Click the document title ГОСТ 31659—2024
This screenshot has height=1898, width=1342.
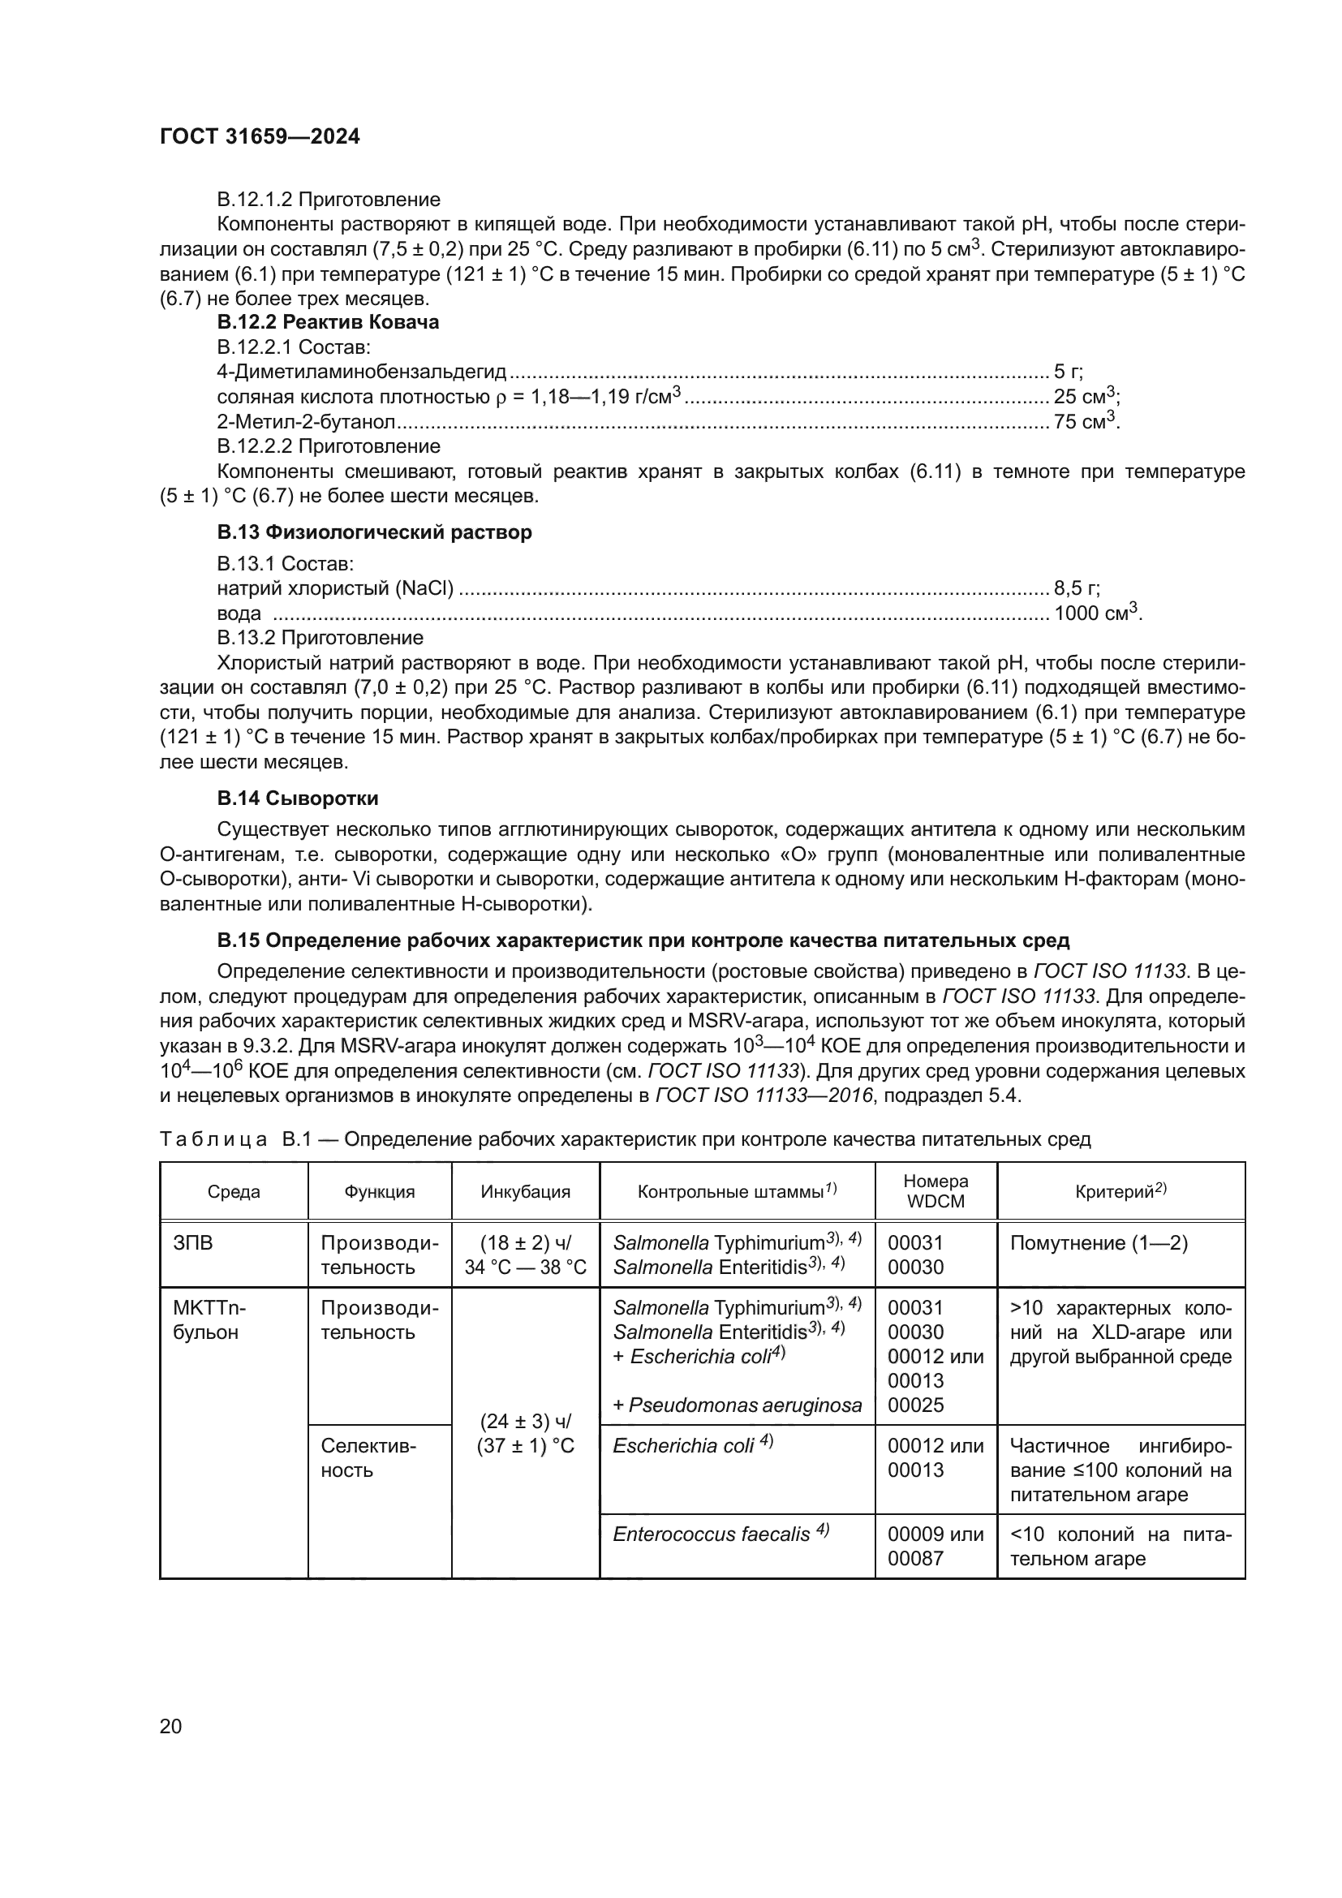click(x=260, y=137)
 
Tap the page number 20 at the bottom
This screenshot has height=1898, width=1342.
click(x=170, y=1726)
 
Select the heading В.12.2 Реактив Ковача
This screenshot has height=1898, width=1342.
click(x=327, y=322)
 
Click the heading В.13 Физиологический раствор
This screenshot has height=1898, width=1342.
click(x=373, y=532)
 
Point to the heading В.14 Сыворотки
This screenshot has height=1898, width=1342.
click(x=298, y=798)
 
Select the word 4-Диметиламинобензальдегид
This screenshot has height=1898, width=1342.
click(x=361, y=372)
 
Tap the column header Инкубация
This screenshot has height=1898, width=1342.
click(x=526, y=1191)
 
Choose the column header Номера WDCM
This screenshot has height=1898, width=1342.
click(x=936, y=1191)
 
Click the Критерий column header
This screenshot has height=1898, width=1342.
click(x=1120, y=1191)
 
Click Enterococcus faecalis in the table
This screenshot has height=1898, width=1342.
click(x=711, y=1534)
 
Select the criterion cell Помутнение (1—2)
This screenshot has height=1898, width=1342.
click(x=1099, y=1243)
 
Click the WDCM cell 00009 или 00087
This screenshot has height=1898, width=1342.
click(x=935, y=1546)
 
